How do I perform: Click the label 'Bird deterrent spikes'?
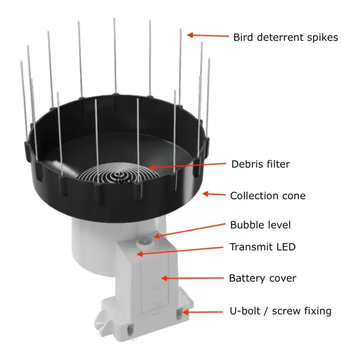click(x=285, y=37)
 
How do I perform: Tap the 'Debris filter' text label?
click(x=260, y=165)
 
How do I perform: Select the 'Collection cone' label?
click(x=267, y=196)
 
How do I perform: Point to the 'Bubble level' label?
click(x=260, y=225)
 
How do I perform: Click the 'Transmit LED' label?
click(x=262, y=247)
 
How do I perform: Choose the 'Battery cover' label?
click(x=262, y=278)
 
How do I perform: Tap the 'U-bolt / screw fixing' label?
click(x=280, y=311)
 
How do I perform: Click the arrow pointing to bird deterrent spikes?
click(x=208, y=35)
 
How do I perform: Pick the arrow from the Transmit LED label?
click(x=180, y=251)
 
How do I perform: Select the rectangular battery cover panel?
click(x=155, y=284)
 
